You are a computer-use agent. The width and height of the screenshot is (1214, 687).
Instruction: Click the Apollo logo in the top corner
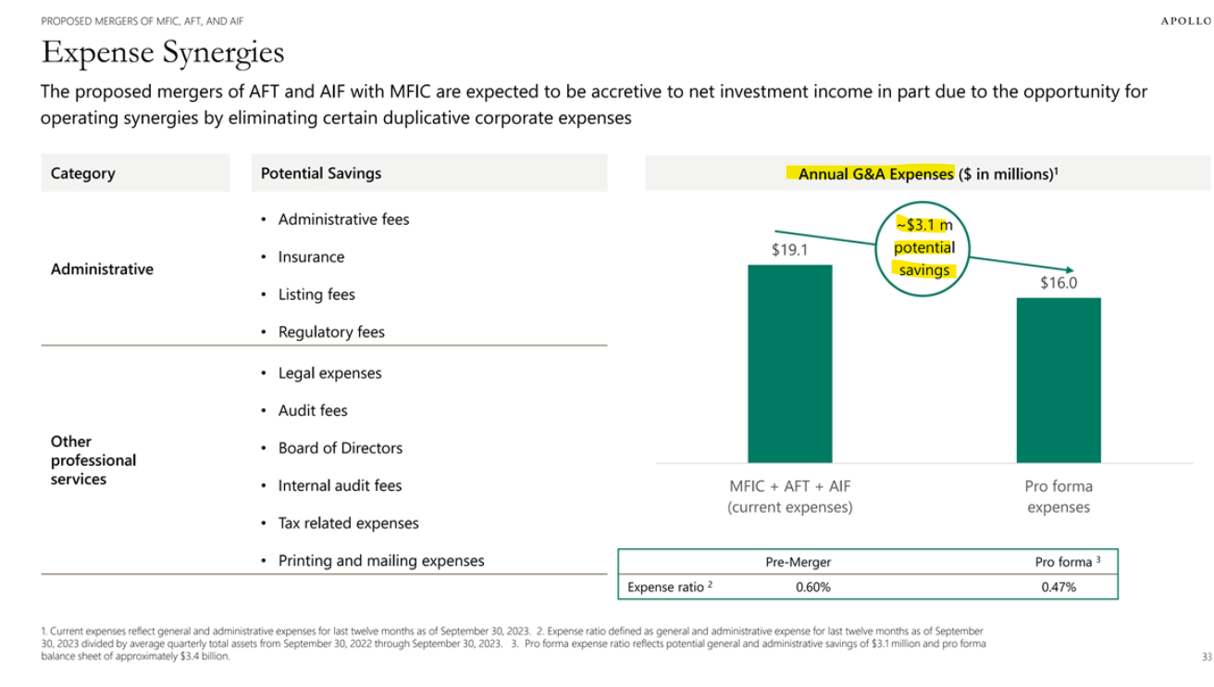pyautogui.click(x=1185, y=21)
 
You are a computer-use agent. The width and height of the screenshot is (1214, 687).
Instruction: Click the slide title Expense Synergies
pyautogui.click(x=163, y=53)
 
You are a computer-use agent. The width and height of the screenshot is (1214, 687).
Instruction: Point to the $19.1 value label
pyautogui.click(x=789, y=250)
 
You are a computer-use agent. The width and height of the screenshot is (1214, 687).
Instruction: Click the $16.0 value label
pyautogui.click(x=1058, y=282)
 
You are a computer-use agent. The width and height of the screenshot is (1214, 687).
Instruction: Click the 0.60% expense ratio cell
pyautogui.click(x=812, y=586)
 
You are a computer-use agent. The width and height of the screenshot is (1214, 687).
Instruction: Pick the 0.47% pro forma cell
pyautogui.click(x=1058, y=586)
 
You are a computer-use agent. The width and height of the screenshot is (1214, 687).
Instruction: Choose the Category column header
pyautogui.click(x=83, y=173)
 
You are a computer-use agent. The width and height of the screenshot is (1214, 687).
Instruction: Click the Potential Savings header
pyautogui.click(x=320, y=173)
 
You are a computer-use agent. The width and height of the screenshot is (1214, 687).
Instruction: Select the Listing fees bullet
pyautogui.click(x=316, y=294)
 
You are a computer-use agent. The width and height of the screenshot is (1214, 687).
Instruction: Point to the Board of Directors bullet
pyautogui.click(x=340, y=448)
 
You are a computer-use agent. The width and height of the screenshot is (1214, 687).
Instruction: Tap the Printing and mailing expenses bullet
pyautogui.click(x=380, y=560)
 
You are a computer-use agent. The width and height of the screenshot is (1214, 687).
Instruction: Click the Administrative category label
pyautogui.click(x=102, y=269)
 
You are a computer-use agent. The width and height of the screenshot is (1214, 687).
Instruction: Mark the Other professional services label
pyautogui.click(x=93, y=460)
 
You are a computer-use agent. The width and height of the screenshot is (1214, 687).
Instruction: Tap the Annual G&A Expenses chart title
pyautogui.click(x=927, y=173)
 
